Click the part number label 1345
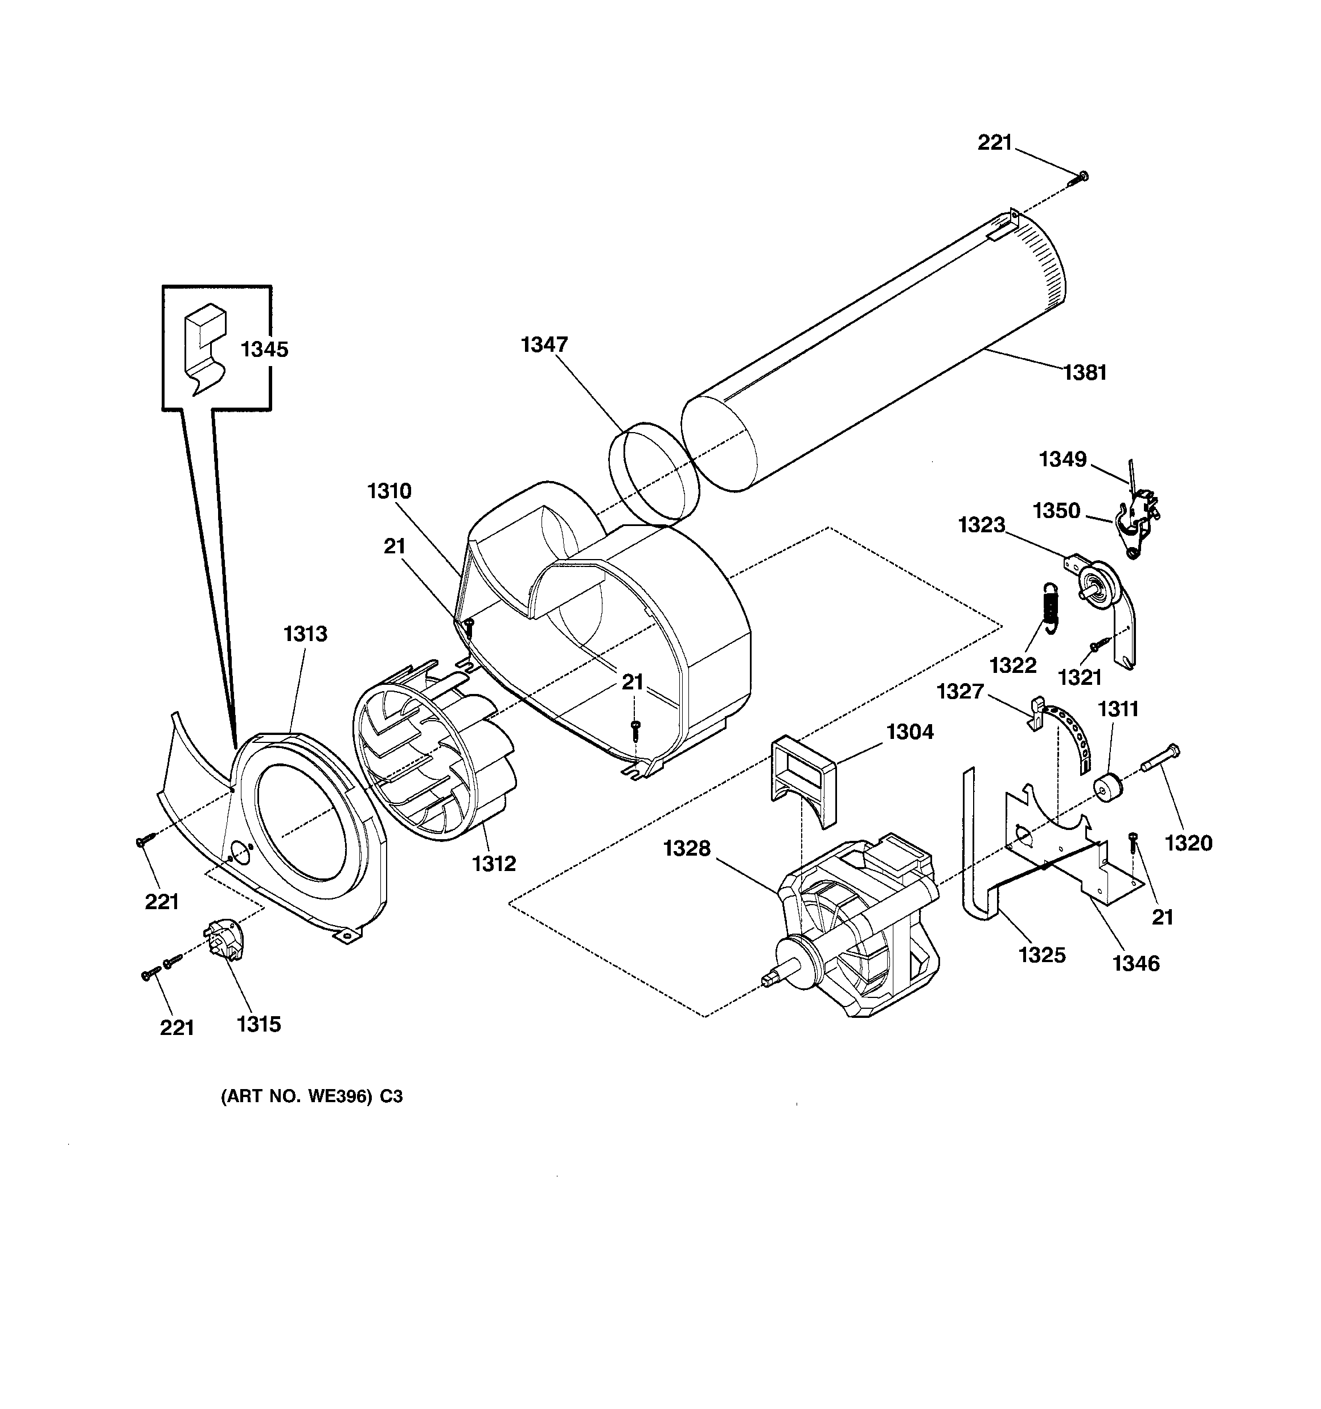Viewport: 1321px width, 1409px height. coord(264,350)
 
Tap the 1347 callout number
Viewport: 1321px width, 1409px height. coord(544,344)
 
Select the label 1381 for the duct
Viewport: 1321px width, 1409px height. coord(1084,372)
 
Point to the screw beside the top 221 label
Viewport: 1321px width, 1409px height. coord(1078,179)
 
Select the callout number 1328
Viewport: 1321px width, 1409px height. coord(686,848)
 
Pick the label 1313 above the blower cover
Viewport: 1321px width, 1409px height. coord(306,633)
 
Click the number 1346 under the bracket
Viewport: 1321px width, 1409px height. coord(1135,963)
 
